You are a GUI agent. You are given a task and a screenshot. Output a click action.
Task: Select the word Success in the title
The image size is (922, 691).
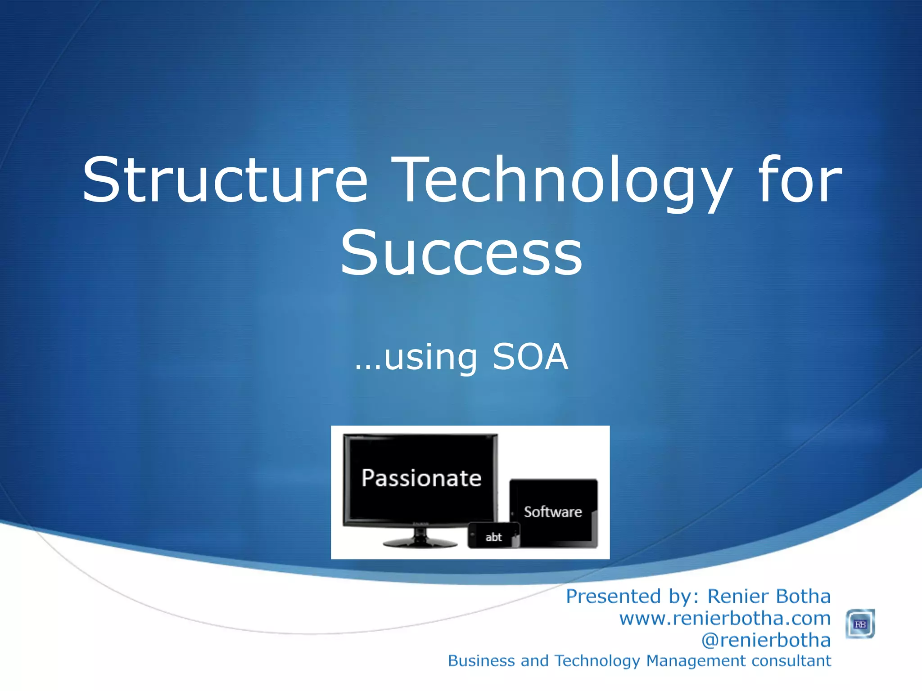[x=461, y=253]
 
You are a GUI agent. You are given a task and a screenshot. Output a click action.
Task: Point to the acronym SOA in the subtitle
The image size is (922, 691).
[x=530, y=357]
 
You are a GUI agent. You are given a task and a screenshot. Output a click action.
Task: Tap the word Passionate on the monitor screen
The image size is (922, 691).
[x=421, y=478]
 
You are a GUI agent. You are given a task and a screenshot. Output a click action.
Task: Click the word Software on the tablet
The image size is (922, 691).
[x=553, y=512]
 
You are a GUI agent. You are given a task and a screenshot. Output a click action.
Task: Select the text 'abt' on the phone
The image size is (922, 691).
[x=493, y=537]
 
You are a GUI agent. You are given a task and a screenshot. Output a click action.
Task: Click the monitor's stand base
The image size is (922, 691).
[x=420, y=543]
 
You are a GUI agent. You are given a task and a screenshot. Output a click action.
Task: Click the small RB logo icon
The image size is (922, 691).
[x=860, y=624]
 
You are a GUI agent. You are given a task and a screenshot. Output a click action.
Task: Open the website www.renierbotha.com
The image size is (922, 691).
[x=724, y=619]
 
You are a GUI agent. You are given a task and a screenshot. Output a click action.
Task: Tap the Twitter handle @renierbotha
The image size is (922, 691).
[x=766, y=640]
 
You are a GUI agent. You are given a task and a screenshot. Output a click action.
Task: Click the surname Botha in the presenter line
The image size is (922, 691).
[x=803, y=597]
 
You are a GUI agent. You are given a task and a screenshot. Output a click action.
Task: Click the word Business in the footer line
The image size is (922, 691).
[x=481, y=661]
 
